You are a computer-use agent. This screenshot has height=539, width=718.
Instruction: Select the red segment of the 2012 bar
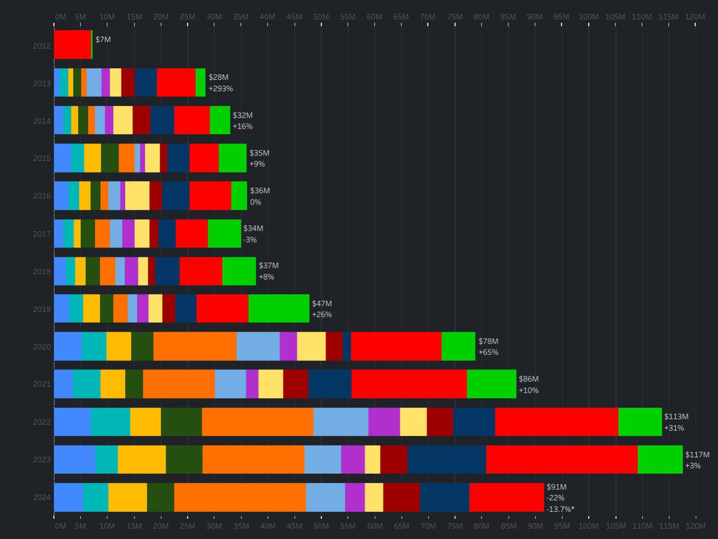[72, 45]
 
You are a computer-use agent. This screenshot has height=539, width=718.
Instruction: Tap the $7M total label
[103, 40]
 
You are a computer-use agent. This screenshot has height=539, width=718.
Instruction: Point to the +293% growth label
[220, 89]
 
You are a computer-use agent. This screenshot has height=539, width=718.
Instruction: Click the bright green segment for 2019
[279, 308]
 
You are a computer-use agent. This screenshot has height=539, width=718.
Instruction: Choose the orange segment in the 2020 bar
[194, 346]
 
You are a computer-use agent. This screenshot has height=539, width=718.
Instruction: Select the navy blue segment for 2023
[446, 459]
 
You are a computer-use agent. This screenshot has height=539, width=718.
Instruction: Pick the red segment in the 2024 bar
[506, 497]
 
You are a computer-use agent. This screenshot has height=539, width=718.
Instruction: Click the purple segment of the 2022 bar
[384, 422]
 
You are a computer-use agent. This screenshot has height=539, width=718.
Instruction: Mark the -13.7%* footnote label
[561, 508]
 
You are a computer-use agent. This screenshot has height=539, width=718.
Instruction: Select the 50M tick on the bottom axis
[321, 526]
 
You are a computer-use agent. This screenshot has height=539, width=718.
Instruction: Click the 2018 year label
[42, 271]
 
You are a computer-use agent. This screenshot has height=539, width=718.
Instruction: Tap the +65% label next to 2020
[488, 352]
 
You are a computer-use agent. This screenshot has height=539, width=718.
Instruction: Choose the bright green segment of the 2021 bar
[491, 384]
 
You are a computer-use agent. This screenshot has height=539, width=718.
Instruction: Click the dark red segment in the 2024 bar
[401, 497]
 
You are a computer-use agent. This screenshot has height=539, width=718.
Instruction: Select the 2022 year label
[42, 422]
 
